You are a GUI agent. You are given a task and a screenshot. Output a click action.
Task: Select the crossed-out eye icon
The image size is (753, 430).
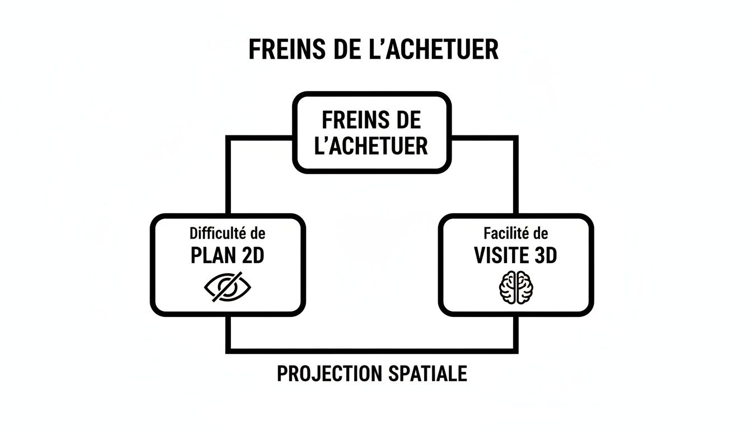(x=227, y=287)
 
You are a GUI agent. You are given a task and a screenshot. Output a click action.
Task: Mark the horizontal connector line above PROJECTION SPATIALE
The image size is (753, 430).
(x=372, y=350)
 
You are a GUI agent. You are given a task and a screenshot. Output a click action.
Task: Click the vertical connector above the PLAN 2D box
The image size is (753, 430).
(x=229, y=176)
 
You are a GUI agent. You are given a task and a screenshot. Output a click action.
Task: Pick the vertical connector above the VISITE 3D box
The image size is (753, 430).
(x=515, y=176)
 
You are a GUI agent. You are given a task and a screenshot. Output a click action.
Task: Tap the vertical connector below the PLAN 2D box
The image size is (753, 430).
(x=229, y=333)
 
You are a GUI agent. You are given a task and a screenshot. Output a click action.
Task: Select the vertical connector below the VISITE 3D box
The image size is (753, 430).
(x=515, y=333)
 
